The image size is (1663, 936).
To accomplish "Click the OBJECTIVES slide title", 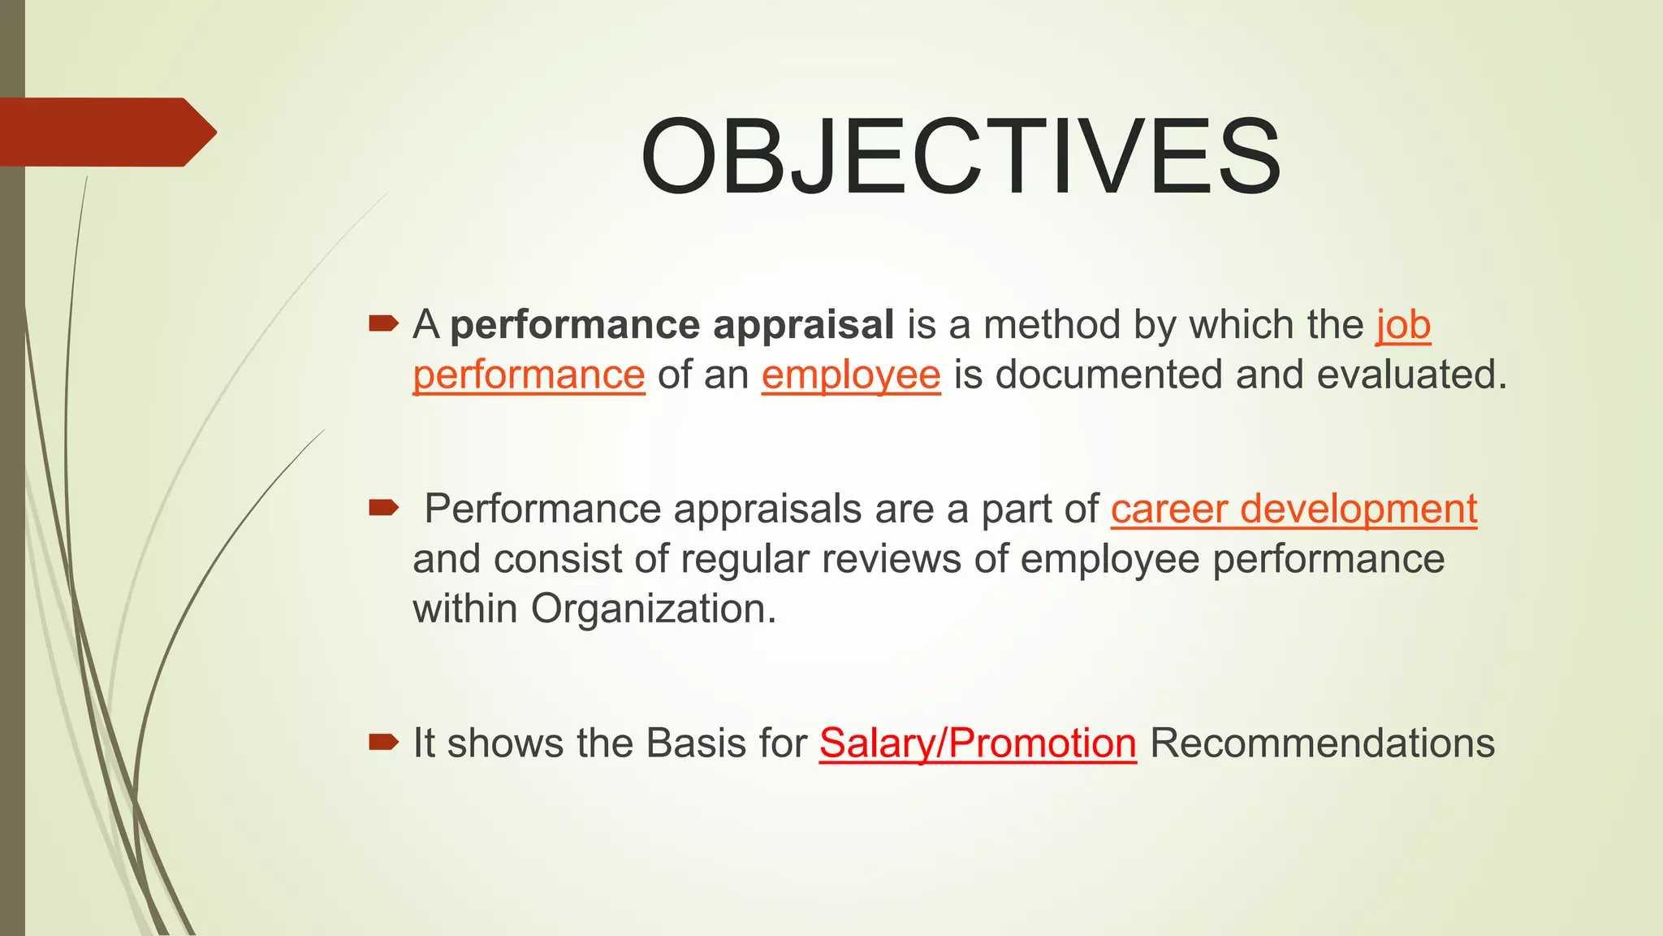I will tap(961, 156).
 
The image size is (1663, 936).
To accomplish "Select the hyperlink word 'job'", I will tap(1403, 325).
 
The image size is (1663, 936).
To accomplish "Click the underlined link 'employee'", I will tap(851, 375).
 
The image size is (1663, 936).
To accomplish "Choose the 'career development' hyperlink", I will tap(1294, 509).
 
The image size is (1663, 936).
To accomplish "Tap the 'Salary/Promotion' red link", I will tap(978, 743).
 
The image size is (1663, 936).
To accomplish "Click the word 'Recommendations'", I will tap(1322, 743).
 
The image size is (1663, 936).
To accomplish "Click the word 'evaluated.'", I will tap(1411, 375).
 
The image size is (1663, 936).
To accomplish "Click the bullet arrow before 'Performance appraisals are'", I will tap(383, 509).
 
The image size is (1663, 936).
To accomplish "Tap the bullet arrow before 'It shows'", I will tap(383, 742).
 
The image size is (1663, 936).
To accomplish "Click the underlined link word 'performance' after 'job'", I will tap(529, 375).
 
